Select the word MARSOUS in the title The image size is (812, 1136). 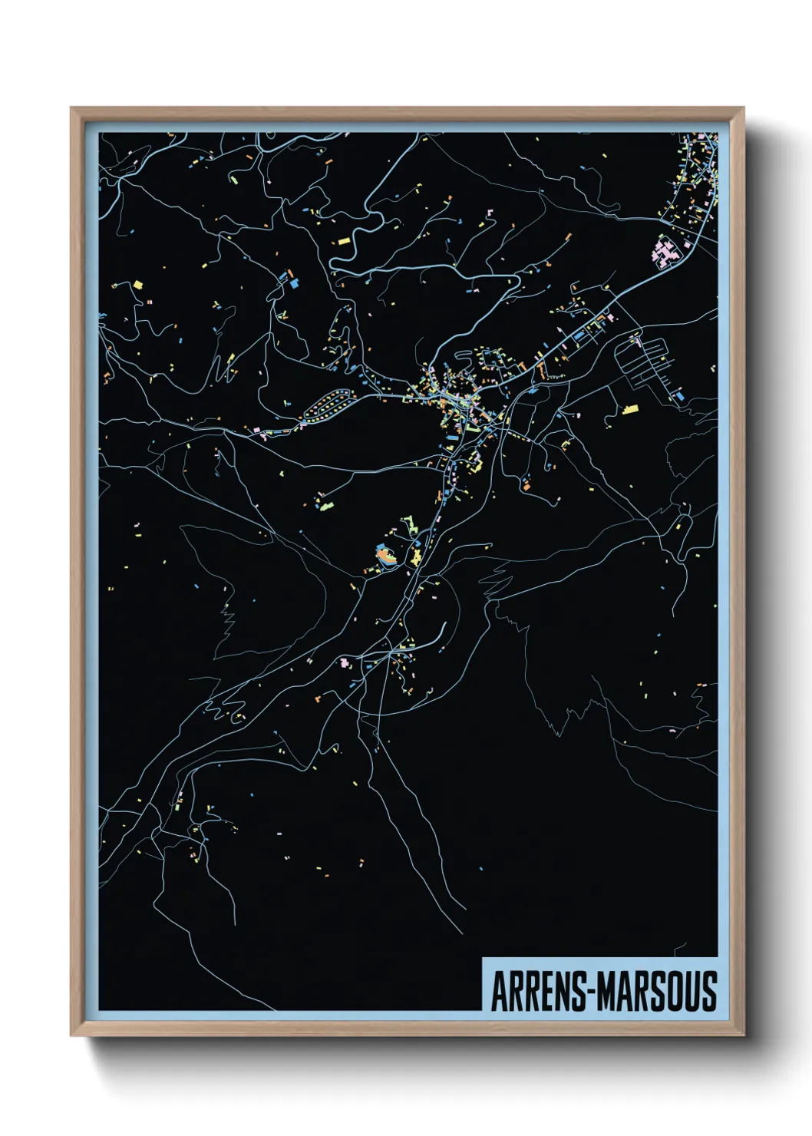tap(658, 992)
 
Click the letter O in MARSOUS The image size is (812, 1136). tap(675, 992)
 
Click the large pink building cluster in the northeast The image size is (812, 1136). tap(665, 253)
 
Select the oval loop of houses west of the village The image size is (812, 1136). tap(328, 404)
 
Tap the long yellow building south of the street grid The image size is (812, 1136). tap(630, 409)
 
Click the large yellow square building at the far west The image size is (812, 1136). tap(138, 284)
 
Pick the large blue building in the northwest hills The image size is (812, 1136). tap(293, 282)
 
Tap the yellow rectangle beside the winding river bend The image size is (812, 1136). tap(344, 241)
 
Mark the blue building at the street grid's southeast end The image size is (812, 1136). tap(678, 397)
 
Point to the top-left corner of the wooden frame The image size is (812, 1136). tap(72, 109)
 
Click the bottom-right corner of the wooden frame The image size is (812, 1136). tap(743, 1035)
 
